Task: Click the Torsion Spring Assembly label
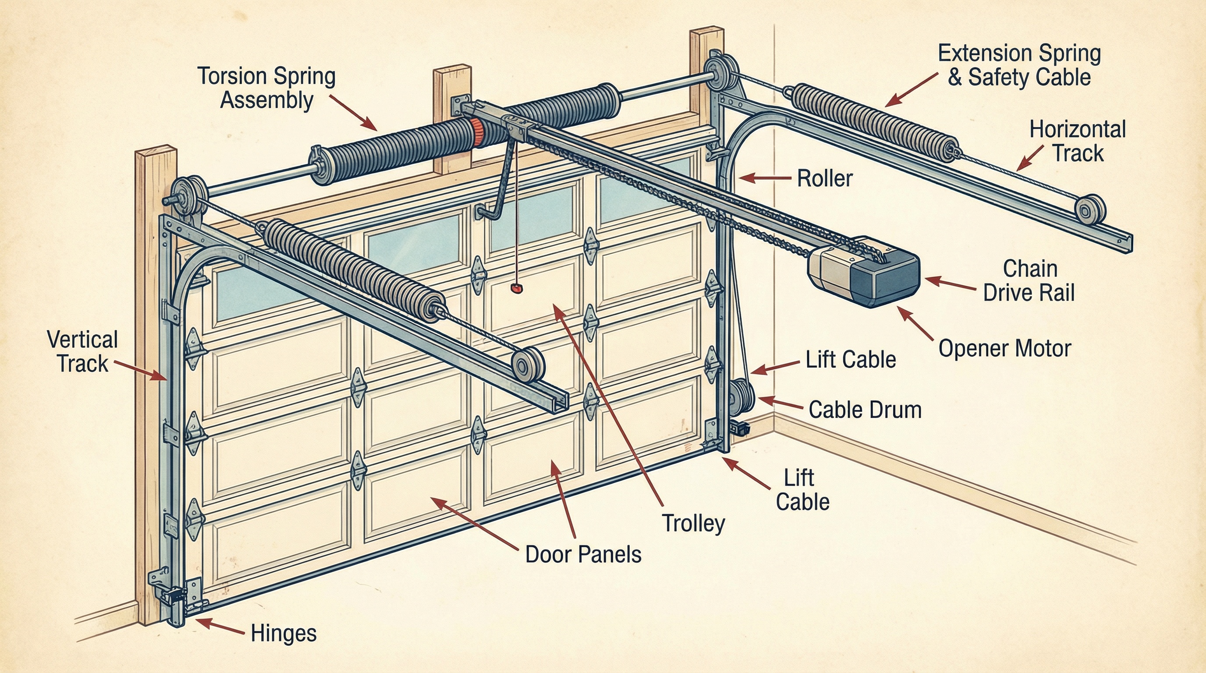[266, 89]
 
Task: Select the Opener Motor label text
[1005, 349]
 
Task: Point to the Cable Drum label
[865, 410]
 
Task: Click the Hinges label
[284, 634]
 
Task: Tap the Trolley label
[693, 523]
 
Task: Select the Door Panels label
[583, 555]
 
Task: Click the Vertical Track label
[82, 351]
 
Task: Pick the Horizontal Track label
[1077, 142]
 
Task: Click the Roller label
[824, 178]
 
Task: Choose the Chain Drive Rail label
[1029, 281]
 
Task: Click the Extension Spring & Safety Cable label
[1019, 65]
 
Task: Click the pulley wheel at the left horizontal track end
[528, 365]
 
